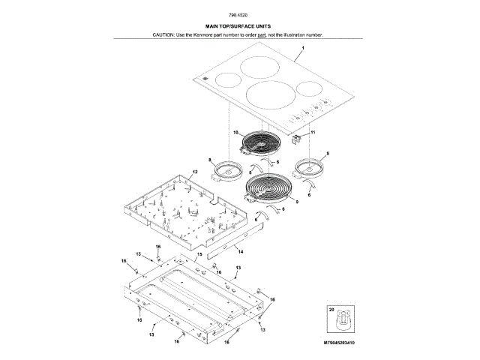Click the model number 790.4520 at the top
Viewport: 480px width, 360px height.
pos(239,16)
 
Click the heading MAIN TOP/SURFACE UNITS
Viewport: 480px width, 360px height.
pos(239,27)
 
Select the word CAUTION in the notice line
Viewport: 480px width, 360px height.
pos(163,35)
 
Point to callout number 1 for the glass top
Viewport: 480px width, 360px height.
pos(302,47)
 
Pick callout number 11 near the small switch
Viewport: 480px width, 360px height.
pos(313,132)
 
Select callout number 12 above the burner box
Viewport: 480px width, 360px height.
pos(194,172)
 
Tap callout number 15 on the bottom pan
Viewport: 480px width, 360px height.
pos(199,256)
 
